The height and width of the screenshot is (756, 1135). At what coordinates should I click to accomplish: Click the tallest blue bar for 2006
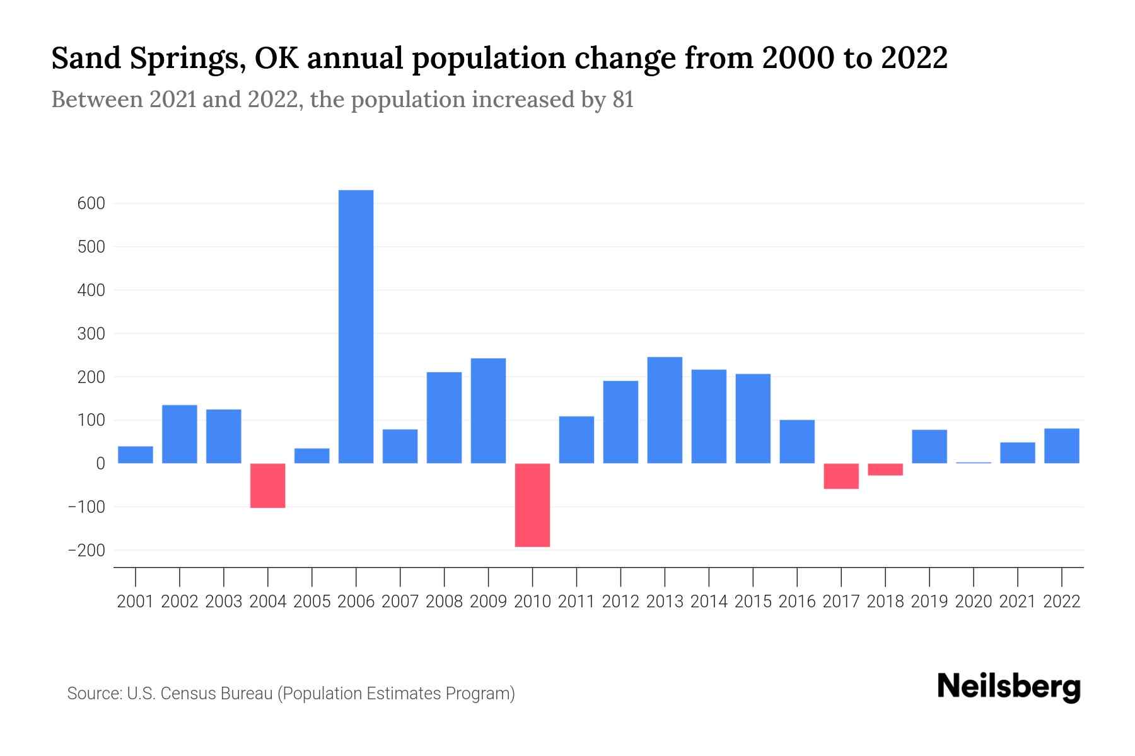coord(356,326)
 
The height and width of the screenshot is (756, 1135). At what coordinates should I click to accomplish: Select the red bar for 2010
coord(532,505)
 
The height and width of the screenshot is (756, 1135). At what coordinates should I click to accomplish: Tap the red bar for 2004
coord(267,486)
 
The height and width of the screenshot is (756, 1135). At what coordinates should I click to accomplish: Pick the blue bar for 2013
coord(665,410)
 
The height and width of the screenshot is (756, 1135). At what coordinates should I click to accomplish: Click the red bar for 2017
coord(841,476)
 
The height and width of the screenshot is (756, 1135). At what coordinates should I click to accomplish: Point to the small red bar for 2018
coord(885,469)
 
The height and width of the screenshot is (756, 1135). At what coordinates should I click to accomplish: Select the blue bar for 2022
coord(1062,446)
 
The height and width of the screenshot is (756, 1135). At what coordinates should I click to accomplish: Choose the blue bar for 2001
coord(136,455)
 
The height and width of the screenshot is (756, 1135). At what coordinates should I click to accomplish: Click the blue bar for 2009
coord(488,411)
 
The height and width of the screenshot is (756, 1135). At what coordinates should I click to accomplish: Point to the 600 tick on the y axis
coord(91,204)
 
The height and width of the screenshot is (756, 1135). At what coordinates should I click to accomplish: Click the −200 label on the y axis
coord(86,551)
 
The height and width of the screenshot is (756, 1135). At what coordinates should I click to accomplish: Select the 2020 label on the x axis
coord(974,602)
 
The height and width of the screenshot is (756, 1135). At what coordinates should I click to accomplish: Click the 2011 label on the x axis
coord(576,602)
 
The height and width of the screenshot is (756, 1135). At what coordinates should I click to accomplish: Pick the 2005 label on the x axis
coord(312,602)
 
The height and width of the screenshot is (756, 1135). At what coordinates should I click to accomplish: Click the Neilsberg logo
coord(1009,687)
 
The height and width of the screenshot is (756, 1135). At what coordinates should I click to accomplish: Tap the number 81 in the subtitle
coord(622,100)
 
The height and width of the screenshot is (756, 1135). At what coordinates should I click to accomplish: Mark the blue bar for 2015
coord(753,419)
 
